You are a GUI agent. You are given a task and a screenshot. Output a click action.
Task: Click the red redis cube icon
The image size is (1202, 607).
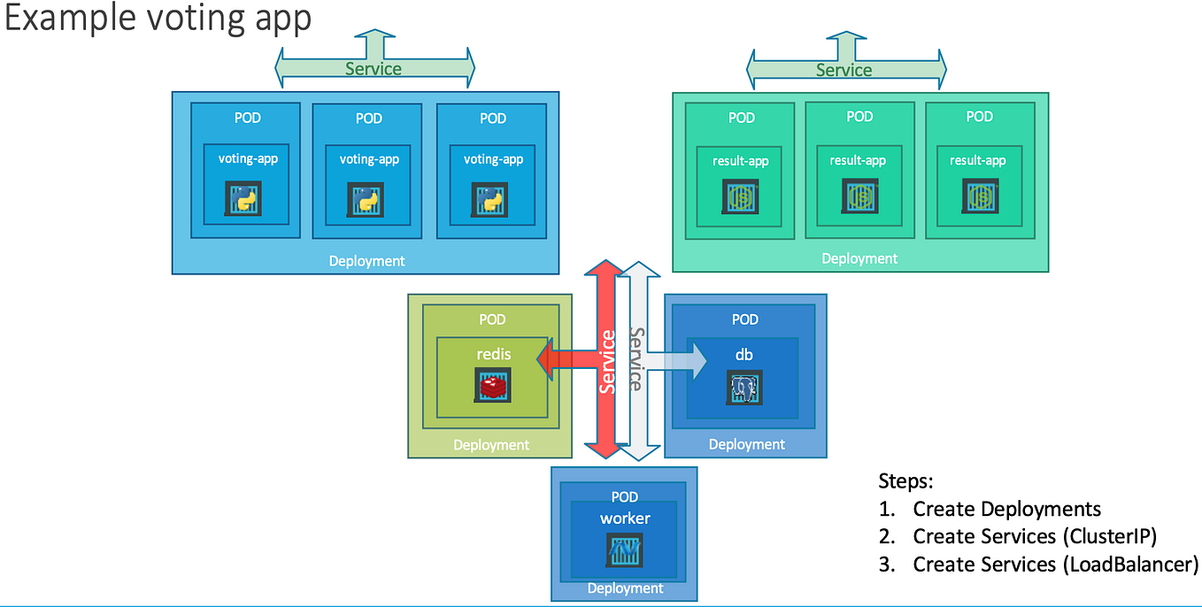tap(493, 386)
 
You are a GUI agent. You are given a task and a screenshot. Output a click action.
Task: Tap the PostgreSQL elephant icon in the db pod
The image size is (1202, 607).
tap(745, 388)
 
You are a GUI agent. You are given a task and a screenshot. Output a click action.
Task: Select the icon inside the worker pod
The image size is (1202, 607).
tap(625, 549)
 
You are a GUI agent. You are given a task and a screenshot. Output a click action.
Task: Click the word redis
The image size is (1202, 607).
tap(493, 354)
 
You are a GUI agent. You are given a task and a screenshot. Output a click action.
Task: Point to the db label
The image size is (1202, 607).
tap(744, 354)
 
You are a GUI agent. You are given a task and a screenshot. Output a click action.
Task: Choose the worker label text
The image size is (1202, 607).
tap(625, 518)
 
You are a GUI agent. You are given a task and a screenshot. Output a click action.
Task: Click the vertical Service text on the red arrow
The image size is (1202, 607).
tap(607, 361)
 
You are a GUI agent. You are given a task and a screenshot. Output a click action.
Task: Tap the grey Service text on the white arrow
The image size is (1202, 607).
tap(636, 359)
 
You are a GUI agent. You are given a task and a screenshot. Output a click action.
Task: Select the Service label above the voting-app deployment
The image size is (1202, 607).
tap(373, 69)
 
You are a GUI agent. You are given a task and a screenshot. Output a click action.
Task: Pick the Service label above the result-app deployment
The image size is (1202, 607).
tap(844, 70)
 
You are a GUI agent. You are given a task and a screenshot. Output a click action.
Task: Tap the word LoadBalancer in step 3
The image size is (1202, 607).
tap(1129, 565)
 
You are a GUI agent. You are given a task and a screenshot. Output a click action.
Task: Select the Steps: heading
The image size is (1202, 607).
tap(905, 481)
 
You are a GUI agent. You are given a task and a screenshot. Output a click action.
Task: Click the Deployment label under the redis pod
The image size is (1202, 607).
tap(491, 445)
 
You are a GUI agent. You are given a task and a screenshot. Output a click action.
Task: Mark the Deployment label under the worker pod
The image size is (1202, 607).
tap(625, 588)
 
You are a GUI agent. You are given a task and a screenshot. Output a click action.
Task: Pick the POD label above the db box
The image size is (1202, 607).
tap(745, 319)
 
